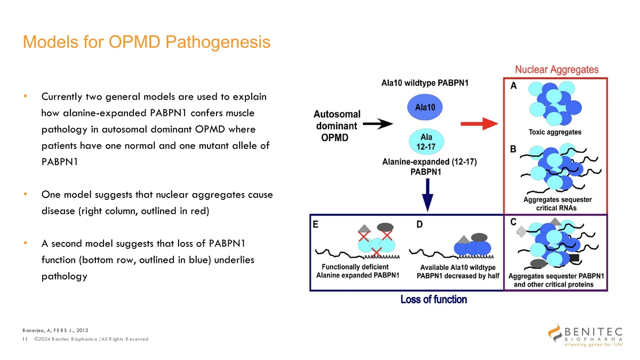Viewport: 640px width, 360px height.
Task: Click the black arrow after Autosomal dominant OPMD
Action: pos(378,125)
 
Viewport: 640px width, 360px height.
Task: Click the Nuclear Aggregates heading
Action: pos(556,70)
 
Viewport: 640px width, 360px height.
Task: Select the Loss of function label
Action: pos(434,300)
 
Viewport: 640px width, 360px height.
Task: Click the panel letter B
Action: pos(513,150)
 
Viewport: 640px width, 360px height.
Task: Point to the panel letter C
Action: pos(514,222)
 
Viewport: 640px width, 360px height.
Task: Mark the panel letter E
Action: pos(316,225)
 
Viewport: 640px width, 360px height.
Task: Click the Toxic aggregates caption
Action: pos(555,132)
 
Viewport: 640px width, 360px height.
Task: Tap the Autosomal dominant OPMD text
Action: pos(337,125)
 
